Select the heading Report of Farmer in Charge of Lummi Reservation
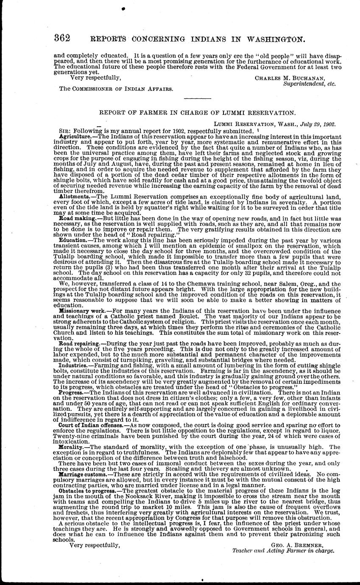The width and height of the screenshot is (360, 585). [197, 113]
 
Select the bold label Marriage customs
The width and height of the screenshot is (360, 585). [82, 474]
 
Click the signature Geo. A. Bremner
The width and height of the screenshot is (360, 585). [297, 545]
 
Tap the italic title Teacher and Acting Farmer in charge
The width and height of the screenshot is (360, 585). [283, 551]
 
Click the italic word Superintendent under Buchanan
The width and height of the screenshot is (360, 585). [302, 84]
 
